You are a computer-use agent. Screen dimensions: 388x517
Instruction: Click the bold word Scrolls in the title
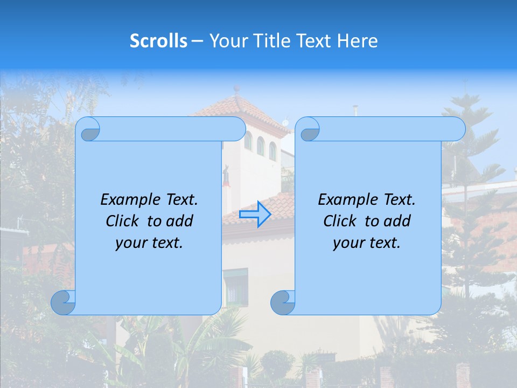click(x=158, y=41)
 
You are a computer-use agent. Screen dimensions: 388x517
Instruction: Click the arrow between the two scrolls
click(x=255, y=214)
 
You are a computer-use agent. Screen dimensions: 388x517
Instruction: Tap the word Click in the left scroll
click(x=124, y=221)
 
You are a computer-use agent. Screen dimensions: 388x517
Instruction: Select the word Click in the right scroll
click(x=341, y=221)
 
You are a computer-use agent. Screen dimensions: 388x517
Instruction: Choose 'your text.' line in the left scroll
click(x=149, y=243)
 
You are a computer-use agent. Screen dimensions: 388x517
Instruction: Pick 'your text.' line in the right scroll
click(x=367, y=243)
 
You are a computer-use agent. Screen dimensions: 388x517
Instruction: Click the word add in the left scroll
click(x=180, y=221)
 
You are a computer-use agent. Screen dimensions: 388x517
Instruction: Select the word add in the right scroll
click(x=397, y=221)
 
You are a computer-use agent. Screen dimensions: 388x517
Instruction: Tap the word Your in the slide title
click(x=227, y=41)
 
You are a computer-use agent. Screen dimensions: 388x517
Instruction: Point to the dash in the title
click(x=197, y=41)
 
